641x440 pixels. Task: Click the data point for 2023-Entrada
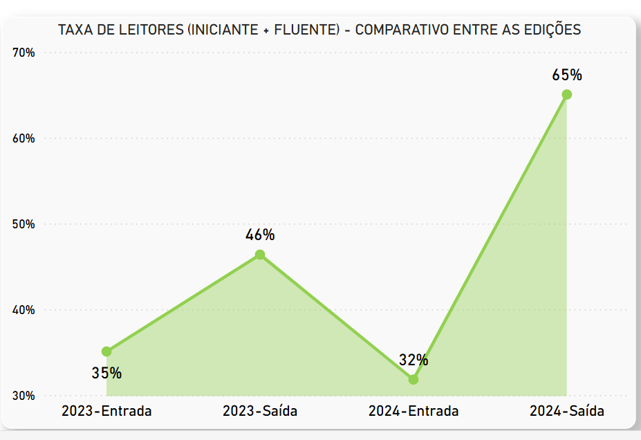[x=106, y=351]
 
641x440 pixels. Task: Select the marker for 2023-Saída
[x=260, y=255]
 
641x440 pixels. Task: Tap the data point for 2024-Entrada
[x=414, y=379]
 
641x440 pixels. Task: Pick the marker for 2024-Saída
[x=567, y=95]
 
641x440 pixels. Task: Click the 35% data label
[x=106, y=373]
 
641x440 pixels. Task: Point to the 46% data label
[x=260, y=235]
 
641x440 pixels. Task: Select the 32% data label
[x=414, y=360]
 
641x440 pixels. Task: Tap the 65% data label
[x=567, y=75]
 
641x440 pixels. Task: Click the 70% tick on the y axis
[x=24, y=53]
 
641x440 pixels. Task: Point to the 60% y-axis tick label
[x=24, y=138]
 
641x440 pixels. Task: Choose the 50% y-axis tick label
[x=24, y=224]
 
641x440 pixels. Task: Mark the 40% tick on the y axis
[x=24, y=310]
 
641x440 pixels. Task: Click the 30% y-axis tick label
[x=24, y=396]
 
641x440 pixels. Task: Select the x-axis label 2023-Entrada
[x=106, y=411]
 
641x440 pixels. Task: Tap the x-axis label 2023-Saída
[x=260, y=411]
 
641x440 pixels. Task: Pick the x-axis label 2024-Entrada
[x=414, y=411]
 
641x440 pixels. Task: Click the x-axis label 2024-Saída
[x=567, y=411]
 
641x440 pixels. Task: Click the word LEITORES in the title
[x=154, y=30]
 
